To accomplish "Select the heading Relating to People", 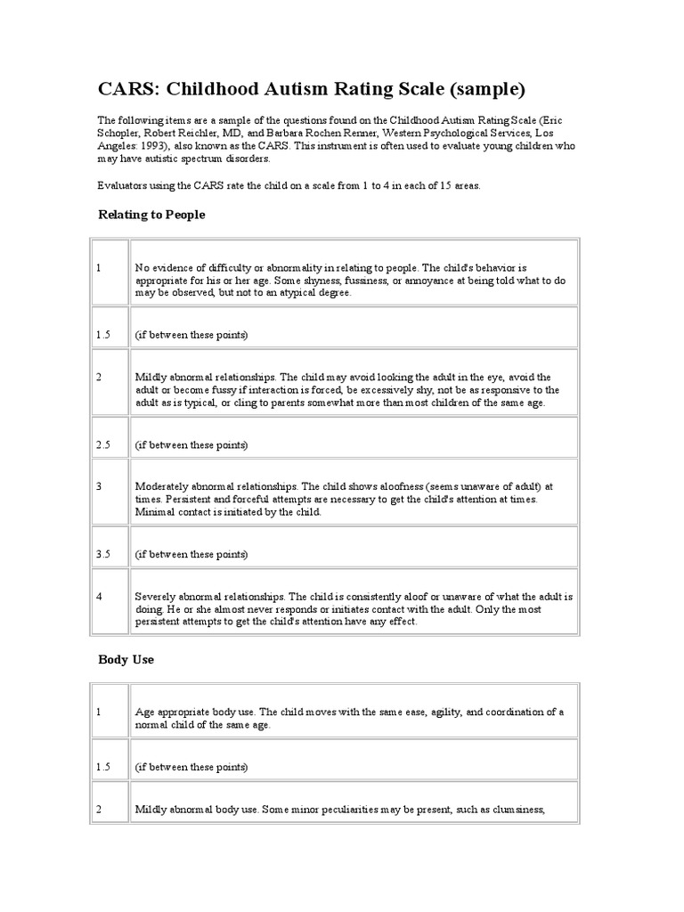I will pyautogui.click(x=151, y=215).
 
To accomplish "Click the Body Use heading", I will pyautogui.click(x=126, y=660).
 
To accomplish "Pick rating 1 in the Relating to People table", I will pyautogui.click(x=100, y=266).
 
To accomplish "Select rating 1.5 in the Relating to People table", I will pyautogui.click(x=103, y=335).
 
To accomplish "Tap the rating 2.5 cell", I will pyautogui.click(x=103, y=444).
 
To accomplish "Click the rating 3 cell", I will pyautogui.click(x=100, y=486).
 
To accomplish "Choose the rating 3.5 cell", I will pyautogui.click(x=103, y=554).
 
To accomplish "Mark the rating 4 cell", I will pyautogui.click(x=100, y=596).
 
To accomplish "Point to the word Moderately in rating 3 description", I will pyautogui.click(x=162, y=486).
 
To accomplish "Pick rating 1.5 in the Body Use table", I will pyautogui.click(x=103, y=767).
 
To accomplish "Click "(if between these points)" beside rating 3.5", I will pyautogui.click(x=191, y=554).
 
